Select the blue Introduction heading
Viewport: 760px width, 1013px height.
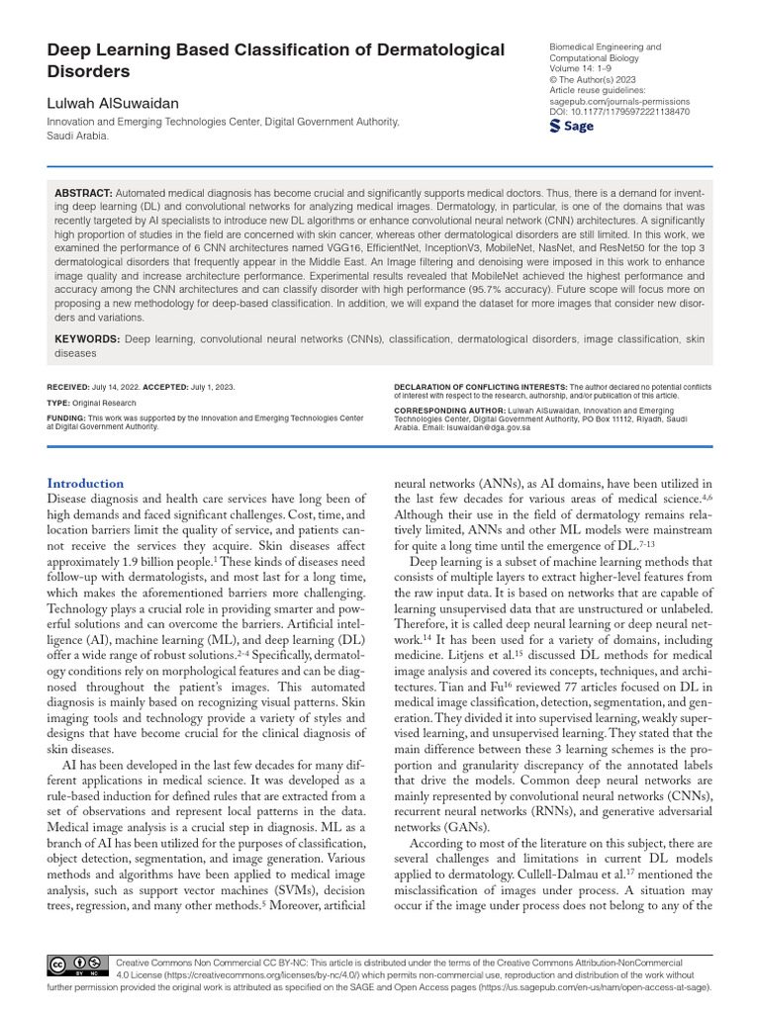[86, 483]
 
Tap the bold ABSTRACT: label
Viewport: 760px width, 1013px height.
[83, 193]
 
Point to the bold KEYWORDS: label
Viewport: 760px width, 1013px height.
[87, 339]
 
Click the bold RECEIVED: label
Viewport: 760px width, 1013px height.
[70, 387]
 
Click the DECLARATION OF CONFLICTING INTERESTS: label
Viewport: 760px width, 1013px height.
[480, 386]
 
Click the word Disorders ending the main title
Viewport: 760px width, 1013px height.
[88, 72]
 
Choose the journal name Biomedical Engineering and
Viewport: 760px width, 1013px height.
[605, 47]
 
